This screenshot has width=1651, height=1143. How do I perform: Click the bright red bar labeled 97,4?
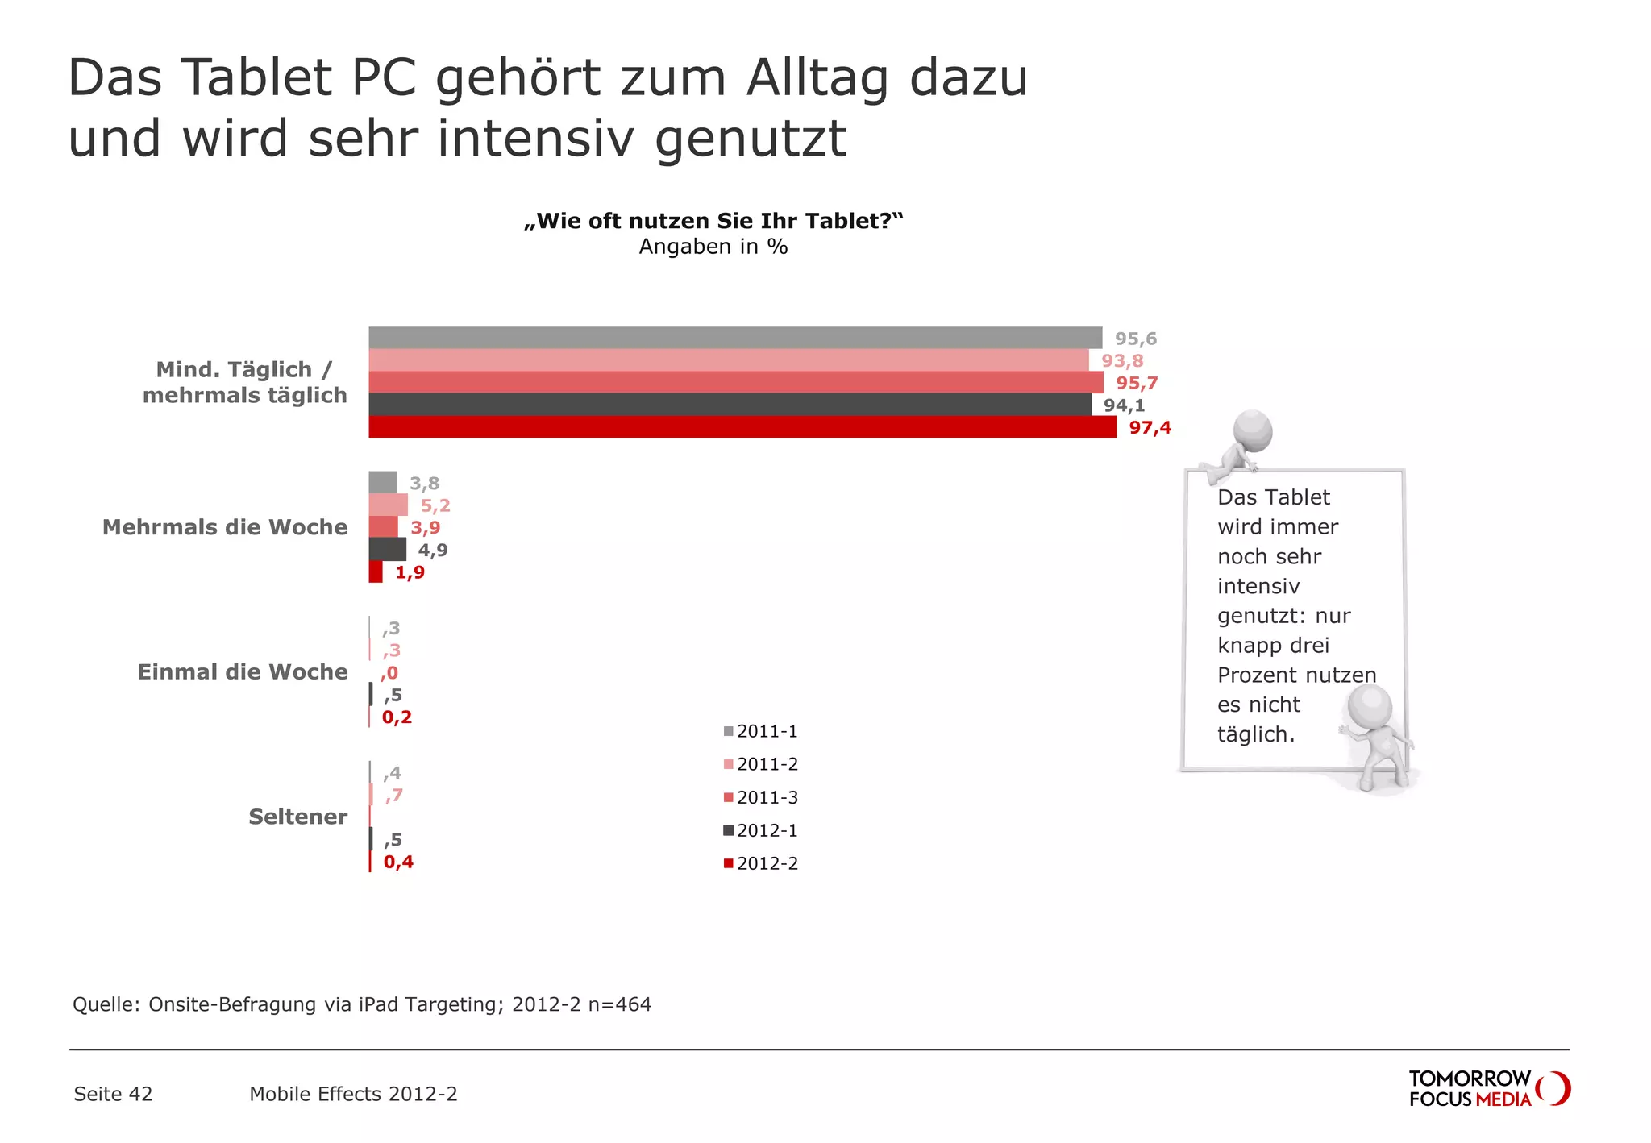(x=742, y=427)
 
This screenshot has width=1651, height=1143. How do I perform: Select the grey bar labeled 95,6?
(x=734, y=338)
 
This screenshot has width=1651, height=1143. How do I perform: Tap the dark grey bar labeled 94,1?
(x=730, y=405)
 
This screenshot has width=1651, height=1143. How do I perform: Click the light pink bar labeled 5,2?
(x=388, y=505)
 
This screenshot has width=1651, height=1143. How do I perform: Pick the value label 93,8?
(x=1122, y=361)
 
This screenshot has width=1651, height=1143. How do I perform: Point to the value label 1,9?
(x=410, y=572)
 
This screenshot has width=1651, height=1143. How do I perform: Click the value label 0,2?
(x=397, y=717)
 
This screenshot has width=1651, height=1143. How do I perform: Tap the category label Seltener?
(x=297, y=817)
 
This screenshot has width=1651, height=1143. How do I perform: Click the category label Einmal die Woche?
(x=242, y=671)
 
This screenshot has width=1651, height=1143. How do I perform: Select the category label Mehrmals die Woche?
(x=224, y=527)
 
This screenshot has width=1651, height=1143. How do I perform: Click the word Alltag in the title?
(x=816, y=78)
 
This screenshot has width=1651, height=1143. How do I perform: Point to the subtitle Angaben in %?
(x=713, y=247)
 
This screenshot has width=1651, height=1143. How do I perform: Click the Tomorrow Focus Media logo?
(x=1488, y=1088)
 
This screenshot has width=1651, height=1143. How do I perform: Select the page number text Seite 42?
(x=113, y=1094)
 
